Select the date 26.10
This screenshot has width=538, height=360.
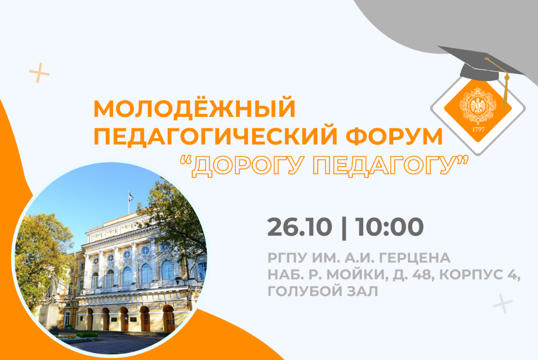[x=299, y=227]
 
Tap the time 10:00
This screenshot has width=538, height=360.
[x=389, y=227]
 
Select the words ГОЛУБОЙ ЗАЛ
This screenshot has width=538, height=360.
[x=323, y=291]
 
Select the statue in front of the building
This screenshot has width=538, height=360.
[x=52, y=290]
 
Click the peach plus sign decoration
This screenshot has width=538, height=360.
[x=39, y=73]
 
